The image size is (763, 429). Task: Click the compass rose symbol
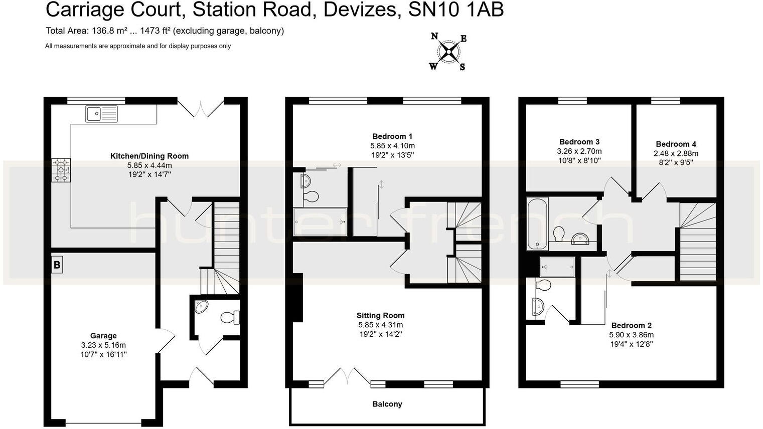[448, 51]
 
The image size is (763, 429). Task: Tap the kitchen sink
[101, 114]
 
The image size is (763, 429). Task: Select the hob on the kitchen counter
[61, 170]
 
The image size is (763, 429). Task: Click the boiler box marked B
[57, 265]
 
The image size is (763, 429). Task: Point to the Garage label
[103, 336]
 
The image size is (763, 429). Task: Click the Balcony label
[387, 404]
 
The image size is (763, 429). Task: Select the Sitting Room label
[380, 315]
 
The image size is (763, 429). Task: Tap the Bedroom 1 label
[392, 136]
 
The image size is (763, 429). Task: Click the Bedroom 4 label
[676, 144]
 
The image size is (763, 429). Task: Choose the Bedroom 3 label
[579, 142]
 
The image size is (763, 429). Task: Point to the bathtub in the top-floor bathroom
[537, 224]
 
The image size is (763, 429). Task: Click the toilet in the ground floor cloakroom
[230, 317]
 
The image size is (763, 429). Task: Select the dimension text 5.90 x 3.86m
[631, 335]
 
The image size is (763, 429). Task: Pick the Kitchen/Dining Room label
[149, 156]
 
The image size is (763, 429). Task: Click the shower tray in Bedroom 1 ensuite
[320, 221]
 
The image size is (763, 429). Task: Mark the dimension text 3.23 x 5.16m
[103, 345]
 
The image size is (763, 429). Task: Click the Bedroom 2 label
[631, 325]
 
